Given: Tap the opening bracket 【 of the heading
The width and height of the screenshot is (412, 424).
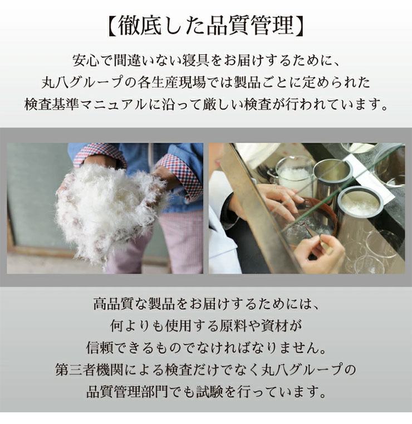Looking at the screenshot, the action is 111,26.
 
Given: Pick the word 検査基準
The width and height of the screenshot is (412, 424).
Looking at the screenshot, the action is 52,104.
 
